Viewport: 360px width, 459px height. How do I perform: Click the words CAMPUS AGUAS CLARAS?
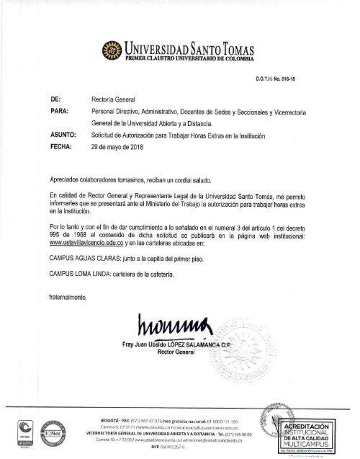tap(82, 256)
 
